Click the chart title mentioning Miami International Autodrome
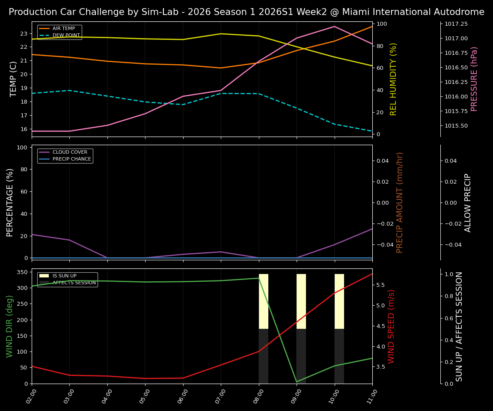pos(246,12)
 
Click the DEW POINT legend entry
pos(66,36)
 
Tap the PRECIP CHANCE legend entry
pos(71,159)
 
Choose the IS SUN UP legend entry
pos(64,276)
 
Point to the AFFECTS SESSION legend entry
pos(74,283)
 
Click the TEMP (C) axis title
pos(14,79)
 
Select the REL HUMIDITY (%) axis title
pos(394,79)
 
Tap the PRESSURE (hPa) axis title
pos(474,79)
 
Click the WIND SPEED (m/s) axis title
pos(391,326)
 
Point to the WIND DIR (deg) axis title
pos(9,326)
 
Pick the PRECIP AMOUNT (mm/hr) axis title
pos(400,203)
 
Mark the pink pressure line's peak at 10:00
pos(335,27)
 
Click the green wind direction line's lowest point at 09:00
pos(297,382)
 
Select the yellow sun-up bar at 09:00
pos(301,301)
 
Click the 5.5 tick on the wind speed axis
pos(380,285)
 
